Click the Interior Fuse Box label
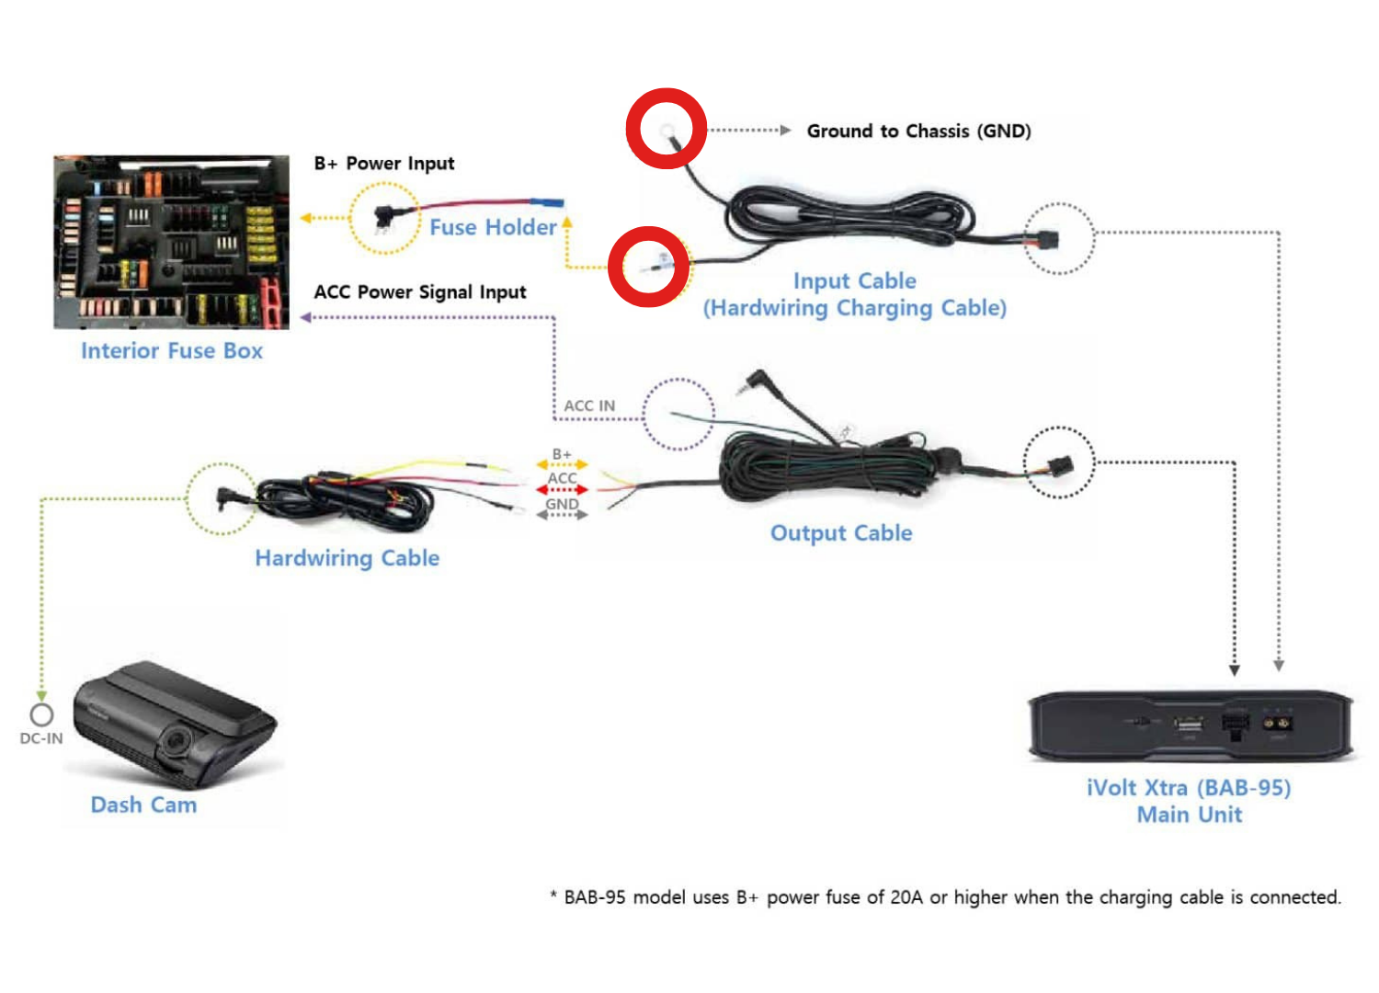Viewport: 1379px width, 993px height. [172, 351]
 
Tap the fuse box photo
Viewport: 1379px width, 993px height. [172, 242]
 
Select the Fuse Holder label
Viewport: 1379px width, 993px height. [493, 227]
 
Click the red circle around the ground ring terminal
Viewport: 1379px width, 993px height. [667, 129]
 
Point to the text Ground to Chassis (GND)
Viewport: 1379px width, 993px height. [918, 131]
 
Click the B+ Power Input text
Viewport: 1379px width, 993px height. [384, 164]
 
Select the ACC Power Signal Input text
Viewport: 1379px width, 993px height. [420, 292]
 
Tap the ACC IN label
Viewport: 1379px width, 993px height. [589, 406]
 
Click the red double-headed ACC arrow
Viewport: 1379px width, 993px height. [562, 490]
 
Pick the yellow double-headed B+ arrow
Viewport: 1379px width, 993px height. [562, 465]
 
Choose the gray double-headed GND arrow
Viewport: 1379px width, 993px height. [562, 515]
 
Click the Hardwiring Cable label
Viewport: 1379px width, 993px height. [348, 558]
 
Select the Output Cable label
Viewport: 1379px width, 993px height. [841, 533]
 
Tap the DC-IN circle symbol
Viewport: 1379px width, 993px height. [41, 714]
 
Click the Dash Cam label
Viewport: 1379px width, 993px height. [143, 805]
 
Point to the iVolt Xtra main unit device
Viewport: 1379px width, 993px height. [1191, 726]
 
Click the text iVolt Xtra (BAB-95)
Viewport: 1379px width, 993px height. [1189, 788]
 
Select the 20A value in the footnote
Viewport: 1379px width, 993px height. [906, 897]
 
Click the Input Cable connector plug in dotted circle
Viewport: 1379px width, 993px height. [1046, 241]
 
